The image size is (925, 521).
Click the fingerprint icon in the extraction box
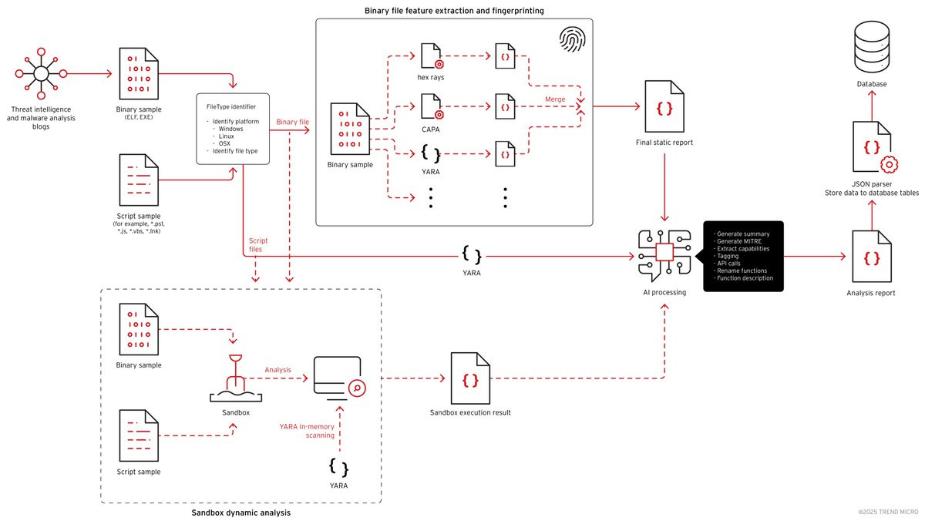(572, 39)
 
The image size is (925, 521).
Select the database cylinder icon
(872, 47)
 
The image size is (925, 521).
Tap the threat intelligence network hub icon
(41, 74)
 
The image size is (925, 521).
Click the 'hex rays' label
(431, 77)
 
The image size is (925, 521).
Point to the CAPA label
(431, 129)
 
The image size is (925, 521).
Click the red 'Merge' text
(555, 99)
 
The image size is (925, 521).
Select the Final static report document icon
(664, 106)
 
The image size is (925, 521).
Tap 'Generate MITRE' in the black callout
(739, 241)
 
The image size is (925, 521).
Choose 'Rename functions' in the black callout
(742, 271)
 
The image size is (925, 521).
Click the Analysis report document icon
(872, 257)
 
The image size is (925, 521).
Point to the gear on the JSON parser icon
(889, 165)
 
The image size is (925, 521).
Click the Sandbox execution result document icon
(470, 378)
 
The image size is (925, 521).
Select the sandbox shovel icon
(236, 378)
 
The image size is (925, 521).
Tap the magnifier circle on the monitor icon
(357, 388)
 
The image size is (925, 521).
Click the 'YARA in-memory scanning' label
(307, 431)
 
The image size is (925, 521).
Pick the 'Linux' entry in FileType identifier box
(227, 136)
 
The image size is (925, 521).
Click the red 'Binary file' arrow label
(292, 122)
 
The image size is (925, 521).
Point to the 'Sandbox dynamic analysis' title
(240, 513)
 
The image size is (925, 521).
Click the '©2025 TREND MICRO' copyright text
(888, 512)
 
